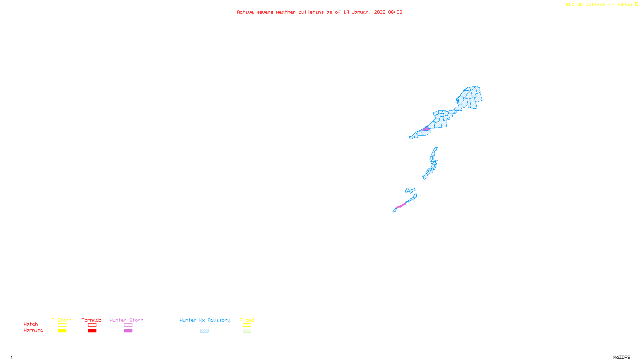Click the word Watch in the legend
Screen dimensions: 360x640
click(x=31, y=324)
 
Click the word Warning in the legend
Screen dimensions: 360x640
click(x=33, y=330)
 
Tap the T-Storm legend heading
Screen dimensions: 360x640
click(x=62, y=320)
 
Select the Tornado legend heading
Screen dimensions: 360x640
click(x=92, y=320)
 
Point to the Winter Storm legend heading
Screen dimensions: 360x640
click(x=126, y=320)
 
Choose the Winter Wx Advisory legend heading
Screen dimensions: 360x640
click(x=205, y=320)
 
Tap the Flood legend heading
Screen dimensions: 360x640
click(x=247, y=320)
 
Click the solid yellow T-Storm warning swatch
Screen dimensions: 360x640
click(x=62, y=331)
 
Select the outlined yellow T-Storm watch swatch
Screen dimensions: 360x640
click(x=62, y=325)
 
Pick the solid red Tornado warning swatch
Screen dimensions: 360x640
click(x=92, y=331)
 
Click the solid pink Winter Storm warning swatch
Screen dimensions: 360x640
click(x=128, y=331)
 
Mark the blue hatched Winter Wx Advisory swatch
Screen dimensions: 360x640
click(x=204, y=331)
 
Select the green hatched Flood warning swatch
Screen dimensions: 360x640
click(x=247, y=331)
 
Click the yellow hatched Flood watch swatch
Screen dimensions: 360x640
click(x=247, y=325)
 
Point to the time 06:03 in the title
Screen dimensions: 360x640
click(x=395, y=12)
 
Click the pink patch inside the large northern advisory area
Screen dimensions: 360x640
click(x=426, y=129)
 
